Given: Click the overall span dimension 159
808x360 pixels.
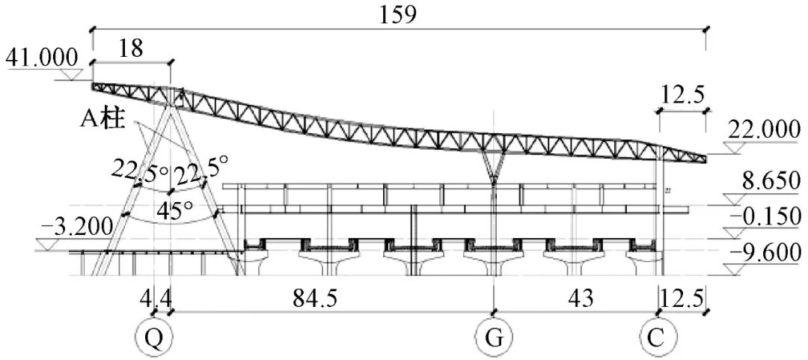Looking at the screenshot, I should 397,15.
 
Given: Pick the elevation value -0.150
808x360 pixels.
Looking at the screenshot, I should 766,217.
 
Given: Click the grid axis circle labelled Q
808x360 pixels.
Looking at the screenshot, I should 153,338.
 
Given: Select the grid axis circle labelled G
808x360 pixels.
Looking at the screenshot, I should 494,338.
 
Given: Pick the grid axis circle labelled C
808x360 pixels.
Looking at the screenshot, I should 656,338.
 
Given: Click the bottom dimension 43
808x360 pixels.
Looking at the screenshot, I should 581,299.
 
